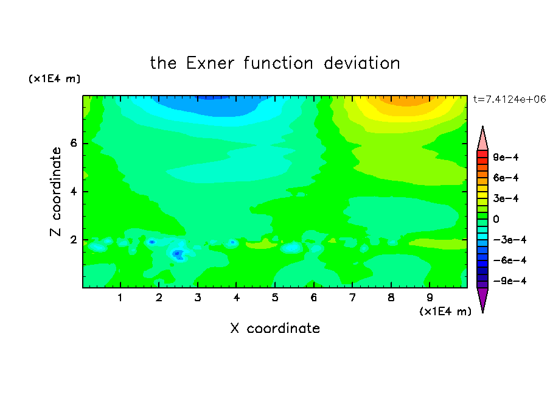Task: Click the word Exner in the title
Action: pos(210,63)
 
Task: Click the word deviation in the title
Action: pos(362,63)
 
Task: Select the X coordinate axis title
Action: pos(275,328)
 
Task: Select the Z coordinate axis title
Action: pos(56,192)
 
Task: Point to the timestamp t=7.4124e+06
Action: pos(510,99)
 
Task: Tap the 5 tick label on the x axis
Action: pos(275,298)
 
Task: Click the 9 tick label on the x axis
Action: pos(430,298)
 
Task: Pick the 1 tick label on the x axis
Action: pos(120,298)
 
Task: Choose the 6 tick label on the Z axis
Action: pos(73,143)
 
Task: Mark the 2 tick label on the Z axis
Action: pos(73,240)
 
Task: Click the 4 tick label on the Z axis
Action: pos(73,192)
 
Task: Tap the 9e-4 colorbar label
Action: pos(506,157)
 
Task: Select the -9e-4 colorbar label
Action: pos(510,281)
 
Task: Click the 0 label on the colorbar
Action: pos(496,219)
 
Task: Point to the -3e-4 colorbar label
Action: pos(510,240)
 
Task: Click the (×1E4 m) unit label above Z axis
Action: pos(54,79)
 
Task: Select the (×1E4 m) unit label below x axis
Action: pos(445,312)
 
